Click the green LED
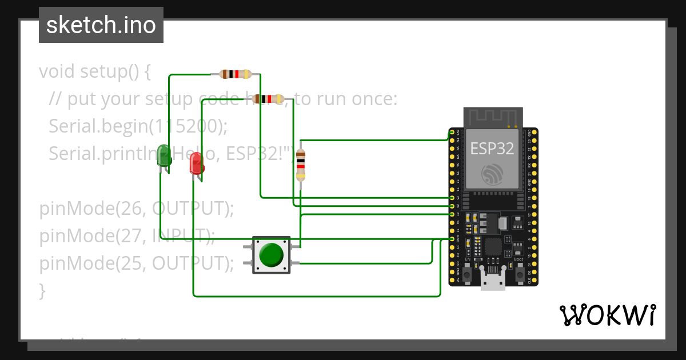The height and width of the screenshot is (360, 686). tap(165, 156)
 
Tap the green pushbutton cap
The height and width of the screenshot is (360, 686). tap(271, 255)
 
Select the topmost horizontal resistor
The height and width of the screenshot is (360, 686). tap(235, 74)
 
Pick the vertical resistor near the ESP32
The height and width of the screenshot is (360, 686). tap(301, 165)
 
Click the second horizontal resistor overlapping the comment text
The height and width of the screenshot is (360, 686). tap(268, 99)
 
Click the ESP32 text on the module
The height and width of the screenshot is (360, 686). tap(492, 149)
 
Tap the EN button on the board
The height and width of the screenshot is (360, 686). tap(467, 275)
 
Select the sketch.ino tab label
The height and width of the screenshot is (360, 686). tap(101, 25)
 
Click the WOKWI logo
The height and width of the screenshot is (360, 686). tap(607, 315)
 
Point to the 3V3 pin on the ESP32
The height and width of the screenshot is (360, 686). tap(452, 133)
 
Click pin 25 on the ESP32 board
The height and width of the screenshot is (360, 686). tap(452, 197)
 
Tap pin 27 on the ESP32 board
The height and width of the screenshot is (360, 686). tap(452, 214)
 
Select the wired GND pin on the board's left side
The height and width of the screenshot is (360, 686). tap(452, 239)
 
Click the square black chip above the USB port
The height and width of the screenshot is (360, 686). tap(493, 247)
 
